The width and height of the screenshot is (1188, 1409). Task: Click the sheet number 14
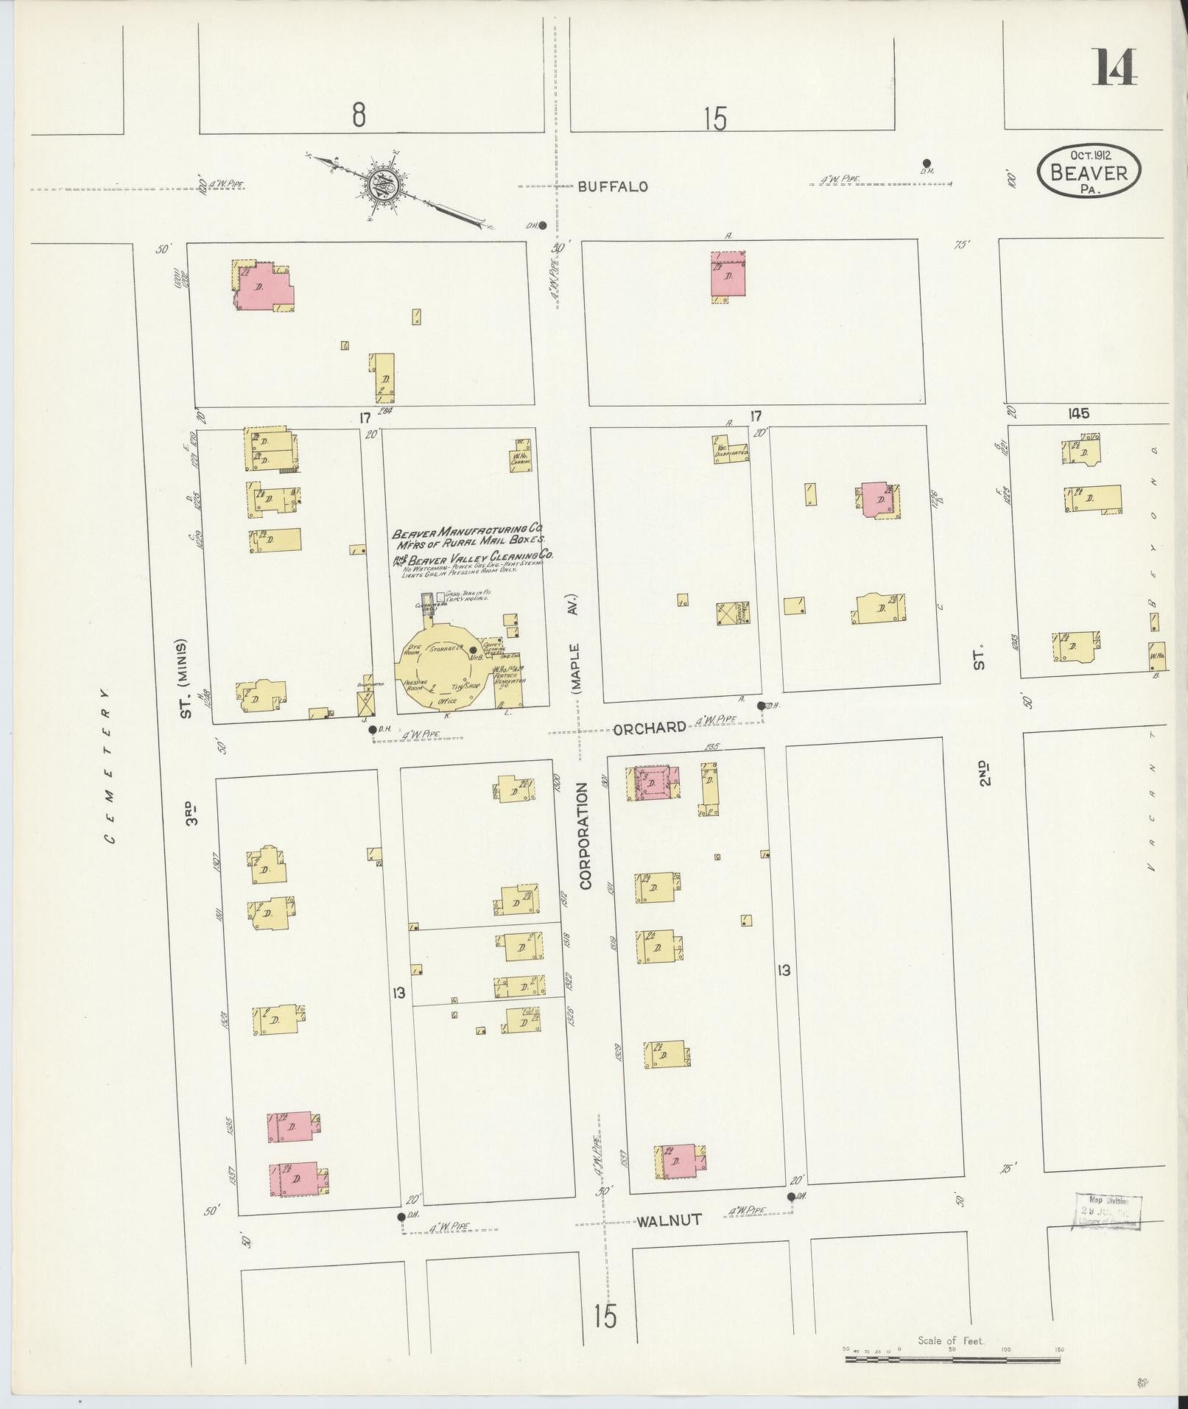click(x=1115, y=67)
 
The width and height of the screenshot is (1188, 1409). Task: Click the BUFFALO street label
click(x=612, y=187)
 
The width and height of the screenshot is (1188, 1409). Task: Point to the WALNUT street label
click(x=668, y=1220)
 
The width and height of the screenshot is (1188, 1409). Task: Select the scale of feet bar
click(x=951, y=1356)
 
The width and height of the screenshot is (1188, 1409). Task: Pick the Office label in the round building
click(x=447, y=700)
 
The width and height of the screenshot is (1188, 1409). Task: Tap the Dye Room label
click(x=412, y=650)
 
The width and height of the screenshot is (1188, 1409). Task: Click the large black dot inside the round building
click(x=472, y=649)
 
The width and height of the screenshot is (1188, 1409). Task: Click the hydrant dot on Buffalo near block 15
click(x=927, y=163)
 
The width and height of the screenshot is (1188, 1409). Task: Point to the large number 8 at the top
click(x=359, y=116)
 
